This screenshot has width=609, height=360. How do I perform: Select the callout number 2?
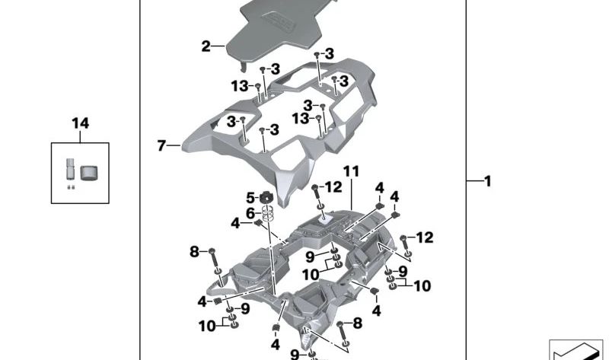pyautogui.click(x=206, y=46)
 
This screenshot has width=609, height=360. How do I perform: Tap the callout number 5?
pyautogui.click(x=250, y=198)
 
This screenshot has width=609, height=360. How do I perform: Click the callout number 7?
pyautogui.click(x=161, y=145)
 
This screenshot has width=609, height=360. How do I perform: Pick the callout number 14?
pyautogui.click(x=80, y=123)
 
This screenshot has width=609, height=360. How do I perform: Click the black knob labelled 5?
pyautogui.click(x=266, y=198)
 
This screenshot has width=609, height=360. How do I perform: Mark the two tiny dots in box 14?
pyautogui.click(x=70, y=186)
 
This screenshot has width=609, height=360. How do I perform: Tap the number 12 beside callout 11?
pyautogui.click(x=333, y=187)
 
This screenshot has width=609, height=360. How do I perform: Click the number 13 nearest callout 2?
pyautogui.click(x=241, y=86)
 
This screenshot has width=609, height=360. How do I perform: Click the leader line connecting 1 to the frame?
pyautogui.click(x=473, y=181)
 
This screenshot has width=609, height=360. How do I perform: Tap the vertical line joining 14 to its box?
pyautogui.click(x=80, y=136)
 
